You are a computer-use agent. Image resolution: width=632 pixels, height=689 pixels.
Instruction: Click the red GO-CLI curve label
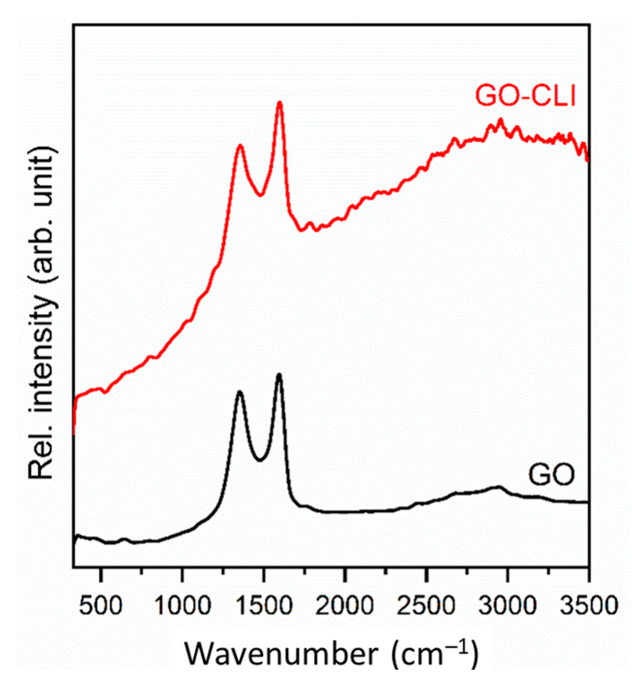tap(525, 96)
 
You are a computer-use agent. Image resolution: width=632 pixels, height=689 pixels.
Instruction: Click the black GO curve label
tap(551, 475)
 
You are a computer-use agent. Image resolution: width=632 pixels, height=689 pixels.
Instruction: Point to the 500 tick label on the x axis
tap(101, 606)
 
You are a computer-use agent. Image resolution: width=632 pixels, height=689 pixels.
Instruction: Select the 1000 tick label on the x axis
tap(183, 606)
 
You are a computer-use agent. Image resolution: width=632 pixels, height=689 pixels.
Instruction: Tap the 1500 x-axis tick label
tap(264, 606)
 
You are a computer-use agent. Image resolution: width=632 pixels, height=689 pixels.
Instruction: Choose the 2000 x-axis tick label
tap(345, 606)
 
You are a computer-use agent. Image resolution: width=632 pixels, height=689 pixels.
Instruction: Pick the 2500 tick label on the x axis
tap(426, 606)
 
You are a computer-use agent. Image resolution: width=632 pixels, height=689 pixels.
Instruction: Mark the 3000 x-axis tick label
tap(507, 606)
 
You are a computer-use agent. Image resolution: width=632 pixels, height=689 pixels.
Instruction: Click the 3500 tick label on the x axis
tap(589, 606)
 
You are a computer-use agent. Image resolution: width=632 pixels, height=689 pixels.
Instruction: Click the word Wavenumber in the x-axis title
tap(282, 655)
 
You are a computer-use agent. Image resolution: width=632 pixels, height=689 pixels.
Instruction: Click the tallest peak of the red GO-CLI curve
tap(280, 103)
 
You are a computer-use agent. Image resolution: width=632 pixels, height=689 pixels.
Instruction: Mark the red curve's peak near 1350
tap(241, 146)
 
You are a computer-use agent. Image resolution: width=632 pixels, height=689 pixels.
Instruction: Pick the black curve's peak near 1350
tap(240, 392)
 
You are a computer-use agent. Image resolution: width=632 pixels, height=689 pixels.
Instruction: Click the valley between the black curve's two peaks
tap(260, 460)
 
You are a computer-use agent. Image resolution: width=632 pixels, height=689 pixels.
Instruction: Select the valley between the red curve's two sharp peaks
tap(260, 195)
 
